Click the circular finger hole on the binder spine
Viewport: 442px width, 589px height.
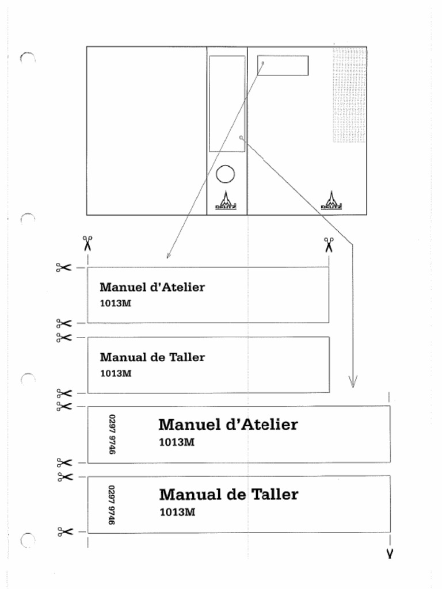(x=225, y=174)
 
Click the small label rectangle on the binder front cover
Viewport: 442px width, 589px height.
(x=283, y=66)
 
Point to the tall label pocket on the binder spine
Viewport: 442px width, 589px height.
(x=227, y=104)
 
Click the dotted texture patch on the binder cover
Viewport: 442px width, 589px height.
(x=349, y=95)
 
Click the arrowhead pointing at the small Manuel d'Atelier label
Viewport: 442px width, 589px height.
(x=168, y=255)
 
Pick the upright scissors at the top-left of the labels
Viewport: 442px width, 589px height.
(x=87, y=243)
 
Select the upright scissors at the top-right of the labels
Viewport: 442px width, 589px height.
(x=329, y=244)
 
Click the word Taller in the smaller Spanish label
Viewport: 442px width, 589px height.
(x=187, y=357)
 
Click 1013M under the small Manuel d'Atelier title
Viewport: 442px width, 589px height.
(x=116, y=303)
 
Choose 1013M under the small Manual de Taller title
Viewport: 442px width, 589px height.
(x=116, y=373)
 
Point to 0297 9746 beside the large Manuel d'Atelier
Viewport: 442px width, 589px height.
(x=112, y=434)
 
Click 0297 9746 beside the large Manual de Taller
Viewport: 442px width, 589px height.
(x=112, y=504)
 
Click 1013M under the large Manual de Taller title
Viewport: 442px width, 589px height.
(x=177, y=512)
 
